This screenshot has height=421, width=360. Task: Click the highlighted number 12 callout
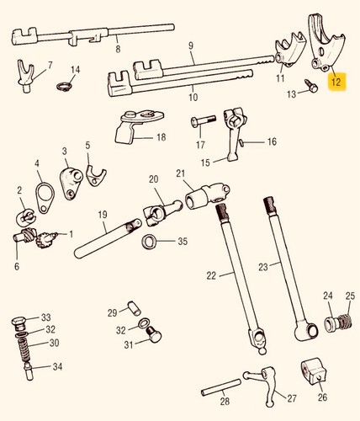click(337, 82)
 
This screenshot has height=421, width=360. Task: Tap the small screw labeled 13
click(311, 86)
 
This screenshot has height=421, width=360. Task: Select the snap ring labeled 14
click(62, 87)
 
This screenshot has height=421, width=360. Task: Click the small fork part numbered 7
click(26, 76)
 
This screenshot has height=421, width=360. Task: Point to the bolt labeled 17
click(203, 120)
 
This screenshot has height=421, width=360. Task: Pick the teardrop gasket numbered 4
click(45, 197)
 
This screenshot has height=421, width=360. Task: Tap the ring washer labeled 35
click(149, 241)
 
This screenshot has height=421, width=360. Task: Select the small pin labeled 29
click(134, 308)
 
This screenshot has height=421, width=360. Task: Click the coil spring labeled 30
click(24, 349)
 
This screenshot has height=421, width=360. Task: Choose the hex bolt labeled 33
click(19, 323)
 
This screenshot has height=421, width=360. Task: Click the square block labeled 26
click(314, 372)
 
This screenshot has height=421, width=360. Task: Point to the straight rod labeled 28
click(221, 387)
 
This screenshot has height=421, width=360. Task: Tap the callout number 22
click(211, 276)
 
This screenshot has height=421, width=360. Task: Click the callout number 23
click(263, 267)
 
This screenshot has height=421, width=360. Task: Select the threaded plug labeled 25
click(346, 322)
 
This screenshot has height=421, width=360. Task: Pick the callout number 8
click(118, 49)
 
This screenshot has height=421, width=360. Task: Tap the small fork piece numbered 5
click(95, 176)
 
